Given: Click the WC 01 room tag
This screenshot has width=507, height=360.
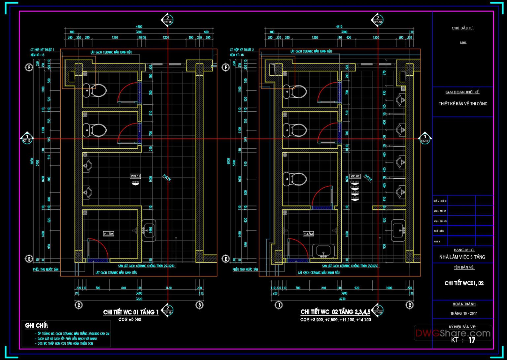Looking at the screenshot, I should [x=135, y=176].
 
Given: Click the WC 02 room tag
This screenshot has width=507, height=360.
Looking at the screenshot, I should [x=355, y=176].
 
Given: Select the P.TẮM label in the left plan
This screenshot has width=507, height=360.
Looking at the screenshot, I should [x=109, y=234].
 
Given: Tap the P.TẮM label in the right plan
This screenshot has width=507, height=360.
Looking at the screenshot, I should [x=308, y=234].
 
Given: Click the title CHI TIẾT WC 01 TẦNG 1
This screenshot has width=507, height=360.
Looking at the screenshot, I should [x=131, y=312].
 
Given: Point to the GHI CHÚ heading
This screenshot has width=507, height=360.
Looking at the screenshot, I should [x=37, y=326].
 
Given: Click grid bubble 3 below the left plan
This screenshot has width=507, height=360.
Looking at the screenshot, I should [x=199, y=305].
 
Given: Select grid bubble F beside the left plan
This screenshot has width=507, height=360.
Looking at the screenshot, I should [x=29, y=67].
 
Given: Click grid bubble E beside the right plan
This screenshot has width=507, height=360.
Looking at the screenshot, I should [x=226, y=259].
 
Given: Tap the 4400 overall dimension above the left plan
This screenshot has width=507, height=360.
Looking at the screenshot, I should [x=139, y=27].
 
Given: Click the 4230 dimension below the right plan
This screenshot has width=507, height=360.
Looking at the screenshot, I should [x=342, y=299].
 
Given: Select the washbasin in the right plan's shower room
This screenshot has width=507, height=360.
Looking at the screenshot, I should [x=323, y=251].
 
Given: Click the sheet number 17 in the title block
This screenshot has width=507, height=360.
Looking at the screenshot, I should [x=472, y=340].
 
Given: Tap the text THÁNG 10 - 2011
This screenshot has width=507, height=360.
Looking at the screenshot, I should [x=464, y=313].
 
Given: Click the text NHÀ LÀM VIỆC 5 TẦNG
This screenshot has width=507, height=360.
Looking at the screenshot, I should [x=462, y=257].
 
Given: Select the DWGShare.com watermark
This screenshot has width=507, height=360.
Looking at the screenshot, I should [x=453, y=333].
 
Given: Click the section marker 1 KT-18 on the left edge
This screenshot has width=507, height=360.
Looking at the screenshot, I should [x=27, y=138].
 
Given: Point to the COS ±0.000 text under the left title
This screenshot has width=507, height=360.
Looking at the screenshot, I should [x=130, y=320].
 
